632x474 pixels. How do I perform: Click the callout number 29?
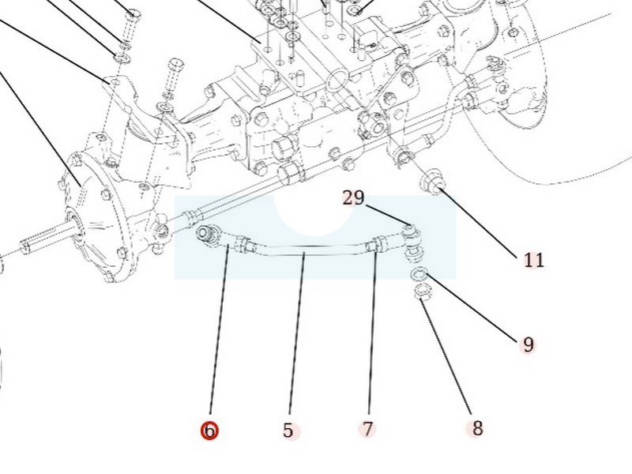point(353,197)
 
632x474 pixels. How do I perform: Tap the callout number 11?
point(534,260)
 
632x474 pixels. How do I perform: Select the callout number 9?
point(529,344)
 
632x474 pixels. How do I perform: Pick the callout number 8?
point(477,428)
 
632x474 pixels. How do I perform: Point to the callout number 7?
point(367,429)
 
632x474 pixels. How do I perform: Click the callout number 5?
point(288,431)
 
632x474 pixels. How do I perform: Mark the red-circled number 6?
point(209,431)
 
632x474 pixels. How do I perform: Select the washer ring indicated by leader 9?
point(420,274)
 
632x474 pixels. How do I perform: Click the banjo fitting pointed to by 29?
point(411,232)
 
